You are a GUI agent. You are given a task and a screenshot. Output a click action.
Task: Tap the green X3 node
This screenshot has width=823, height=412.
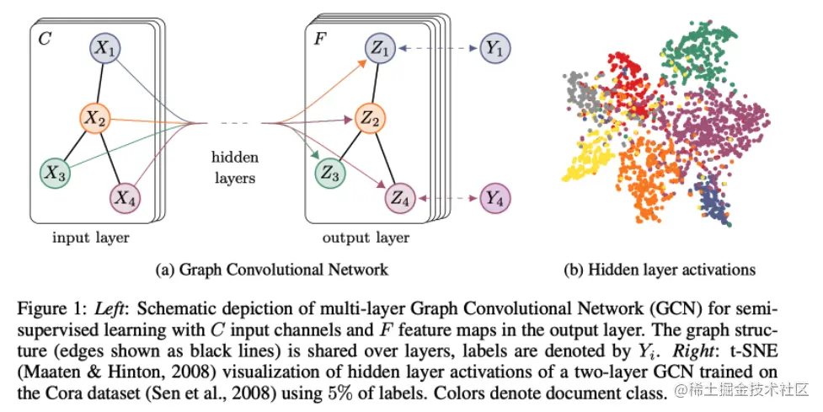click(56, 174)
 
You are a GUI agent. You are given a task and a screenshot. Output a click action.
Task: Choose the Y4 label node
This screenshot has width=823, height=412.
click(495, 200)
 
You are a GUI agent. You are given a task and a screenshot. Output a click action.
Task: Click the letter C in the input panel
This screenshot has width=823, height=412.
click(44, 38)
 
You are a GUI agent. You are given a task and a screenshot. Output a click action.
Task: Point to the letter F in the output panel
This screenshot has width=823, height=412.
click(320, 38)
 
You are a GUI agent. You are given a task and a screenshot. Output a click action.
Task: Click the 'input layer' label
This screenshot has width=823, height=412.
click(91, 238)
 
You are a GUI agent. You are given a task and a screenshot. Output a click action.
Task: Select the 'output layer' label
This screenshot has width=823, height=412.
click(366, 238)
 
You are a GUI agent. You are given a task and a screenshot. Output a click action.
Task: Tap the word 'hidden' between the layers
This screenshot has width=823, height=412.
click(235, 158)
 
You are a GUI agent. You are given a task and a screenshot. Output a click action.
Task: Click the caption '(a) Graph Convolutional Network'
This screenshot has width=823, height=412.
click(273, 270)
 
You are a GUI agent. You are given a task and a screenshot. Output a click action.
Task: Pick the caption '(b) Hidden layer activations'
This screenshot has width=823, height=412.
click(660, 270)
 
